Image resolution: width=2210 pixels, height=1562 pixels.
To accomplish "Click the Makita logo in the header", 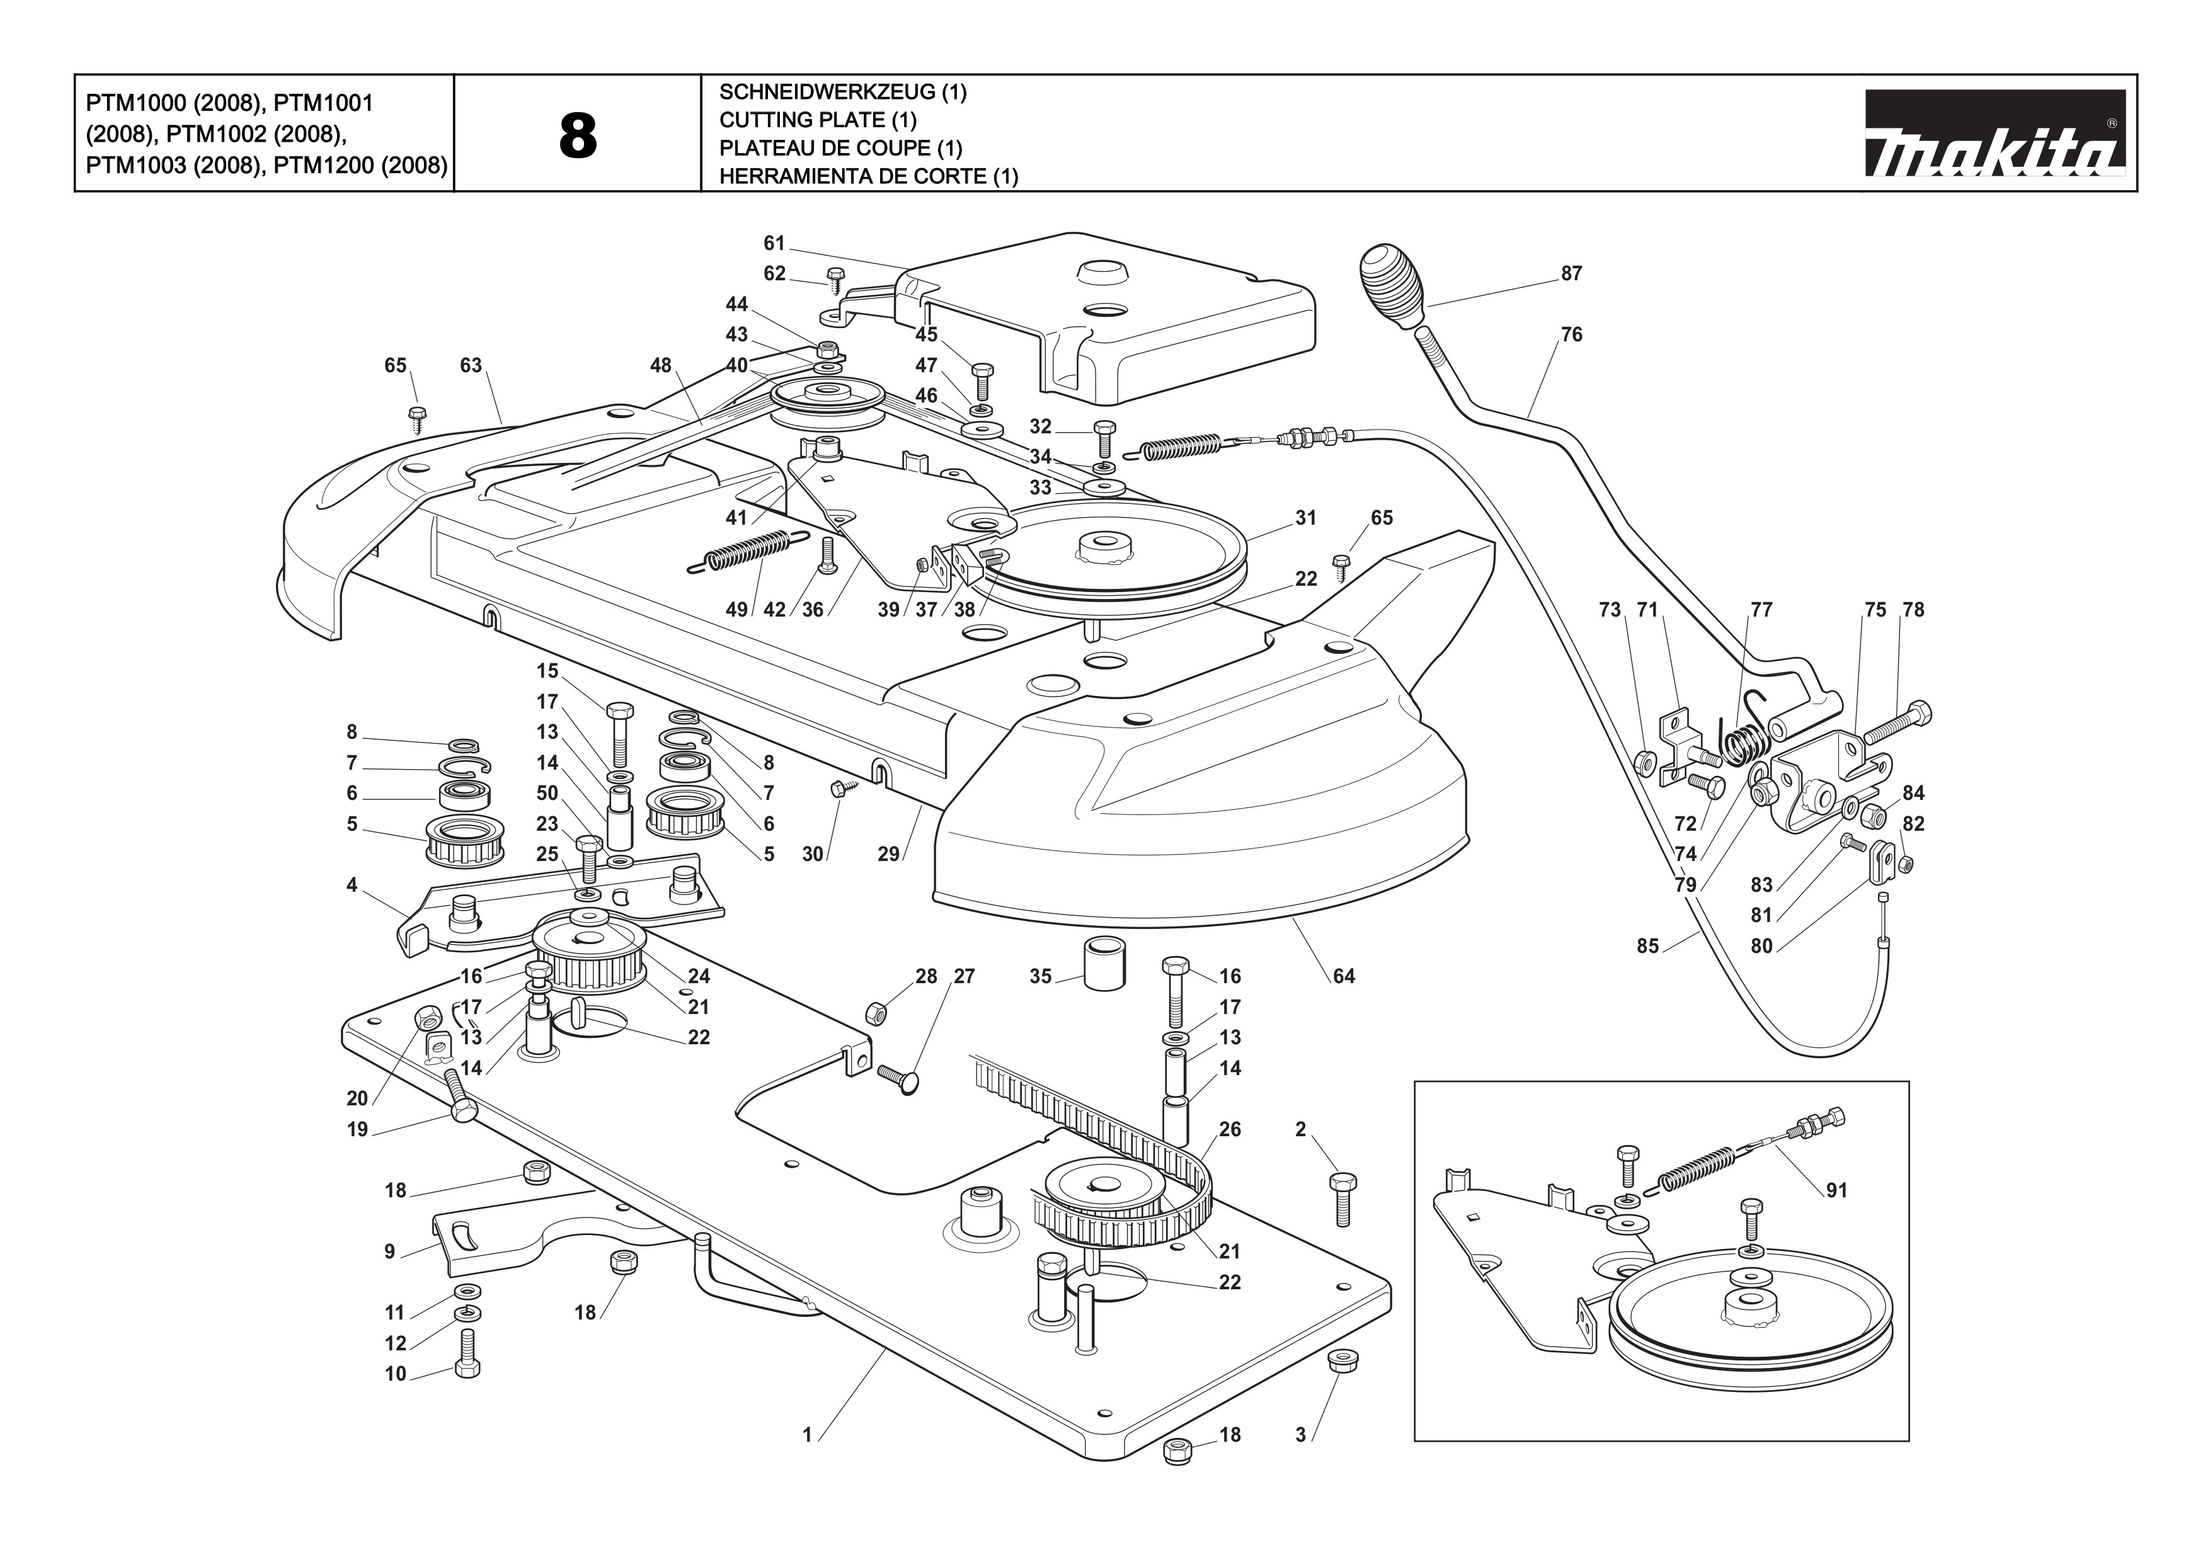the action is [1995, 134].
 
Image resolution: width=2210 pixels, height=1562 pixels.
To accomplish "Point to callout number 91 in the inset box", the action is [1836, 1190].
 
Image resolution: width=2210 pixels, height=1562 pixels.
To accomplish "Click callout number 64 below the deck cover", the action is [1344, 976].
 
